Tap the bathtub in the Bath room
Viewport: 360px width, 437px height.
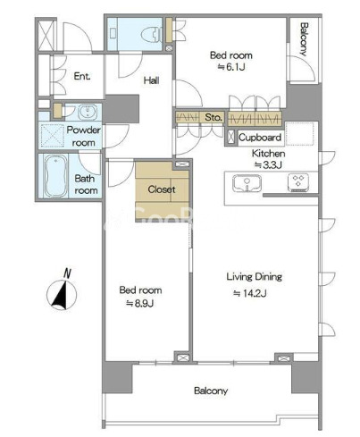click(x=55, y=176)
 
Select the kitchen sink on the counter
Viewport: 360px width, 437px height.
click(x=247, y=183)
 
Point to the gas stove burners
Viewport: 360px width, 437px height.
click(x=298, y=181)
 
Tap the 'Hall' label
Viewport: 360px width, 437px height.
click(x=151, y=80)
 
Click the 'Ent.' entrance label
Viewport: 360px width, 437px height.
click(x=82, y=76)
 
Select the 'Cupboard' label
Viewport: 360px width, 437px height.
click(x=260, y=138)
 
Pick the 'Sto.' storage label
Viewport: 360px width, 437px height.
click(x=213, y=117)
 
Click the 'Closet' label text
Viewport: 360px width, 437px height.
click(x=162, y=189)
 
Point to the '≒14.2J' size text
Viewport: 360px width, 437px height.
click(x=249, y=293)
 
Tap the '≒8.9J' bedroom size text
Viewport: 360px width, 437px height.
click(x=140, y=304)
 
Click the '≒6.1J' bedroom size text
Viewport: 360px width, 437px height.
click(x=231, y=67)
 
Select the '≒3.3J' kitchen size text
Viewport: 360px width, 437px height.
click(x=268, y=164)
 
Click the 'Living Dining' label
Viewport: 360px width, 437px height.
click(x=255, y=277)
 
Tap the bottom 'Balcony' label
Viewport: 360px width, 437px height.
click(x=211, y=391)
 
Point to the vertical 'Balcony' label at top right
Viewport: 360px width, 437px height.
click(x=304, y=39)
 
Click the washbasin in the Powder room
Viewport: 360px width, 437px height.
click(x=88, y=112)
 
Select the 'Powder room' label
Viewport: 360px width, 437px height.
click(x=84, y=136)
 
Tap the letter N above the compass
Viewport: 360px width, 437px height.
click(x=67, y=273)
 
